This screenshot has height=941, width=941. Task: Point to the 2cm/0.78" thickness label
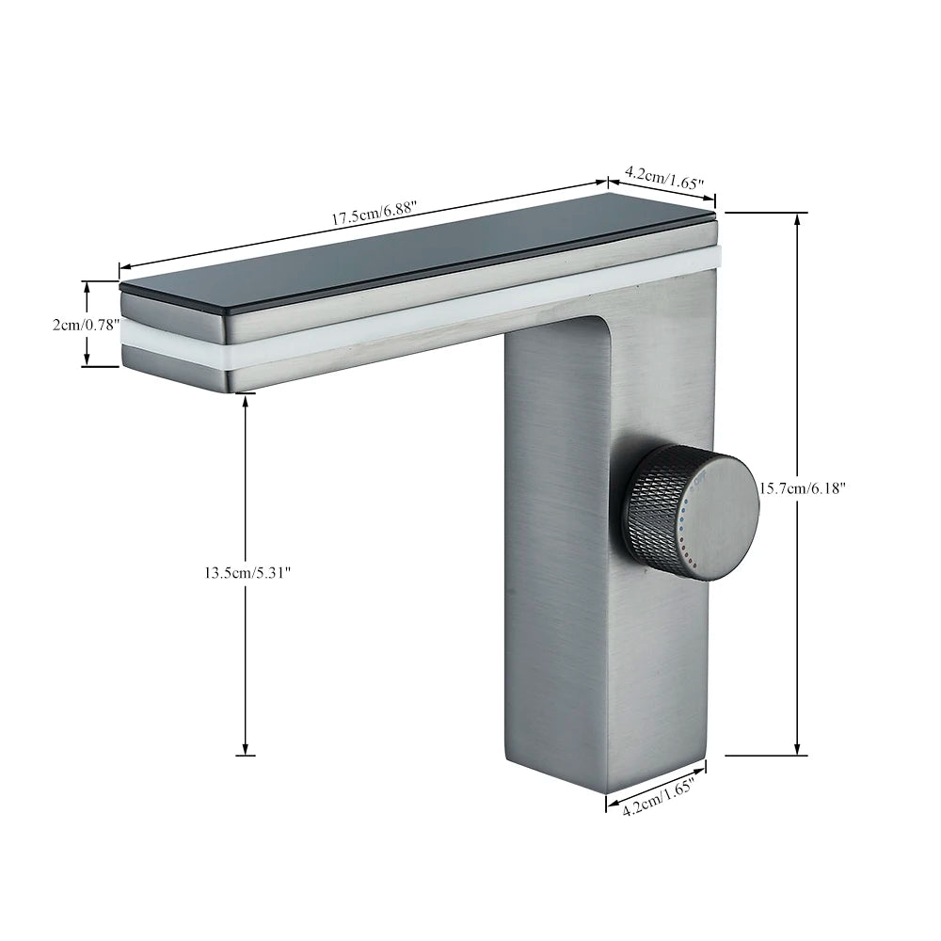click(x=86, y=325)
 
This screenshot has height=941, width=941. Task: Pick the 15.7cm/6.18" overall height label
click(x=803, y=488)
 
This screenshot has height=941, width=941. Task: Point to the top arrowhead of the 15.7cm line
click(x=799, y=218)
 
